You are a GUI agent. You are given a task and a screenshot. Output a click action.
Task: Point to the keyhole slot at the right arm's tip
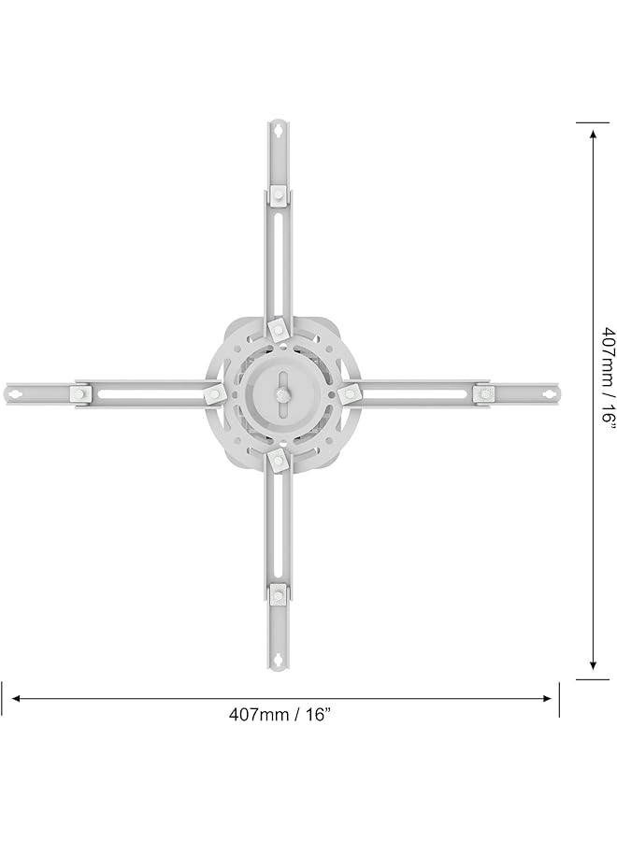(x=544, y=394)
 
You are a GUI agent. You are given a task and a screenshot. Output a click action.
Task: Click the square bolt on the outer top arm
(x=279, y=194)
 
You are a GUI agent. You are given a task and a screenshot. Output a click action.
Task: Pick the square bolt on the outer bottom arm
(x=279, y=592)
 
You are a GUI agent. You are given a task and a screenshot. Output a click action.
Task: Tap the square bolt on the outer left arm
(x=81, y=394)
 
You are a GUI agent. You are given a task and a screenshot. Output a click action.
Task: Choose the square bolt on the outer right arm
(x=481, y=394)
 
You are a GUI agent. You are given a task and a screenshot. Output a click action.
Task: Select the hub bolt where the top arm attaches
(x=278, y=329)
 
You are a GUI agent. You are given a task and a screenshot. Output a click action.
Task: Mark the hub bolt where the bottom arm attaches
(x=278, y=459)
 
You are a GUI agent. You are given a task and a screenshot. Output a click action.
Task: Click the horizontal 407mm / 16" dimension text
(x=280, y=714)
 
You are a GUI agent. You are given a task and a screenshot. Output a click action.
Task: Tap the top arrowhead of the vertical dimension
(x=593, y=134)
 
